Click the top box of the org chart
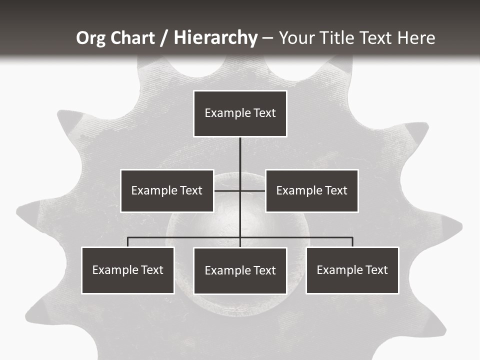240,113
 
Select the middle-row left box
167,190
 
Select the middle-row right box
311,190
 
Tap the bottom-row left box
128,270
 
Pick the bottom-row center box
240,270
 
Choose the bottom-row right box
352,270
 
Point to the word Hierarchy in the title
215,38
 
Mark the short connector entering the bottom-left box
128,242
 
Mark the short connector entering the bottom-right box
352,242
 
